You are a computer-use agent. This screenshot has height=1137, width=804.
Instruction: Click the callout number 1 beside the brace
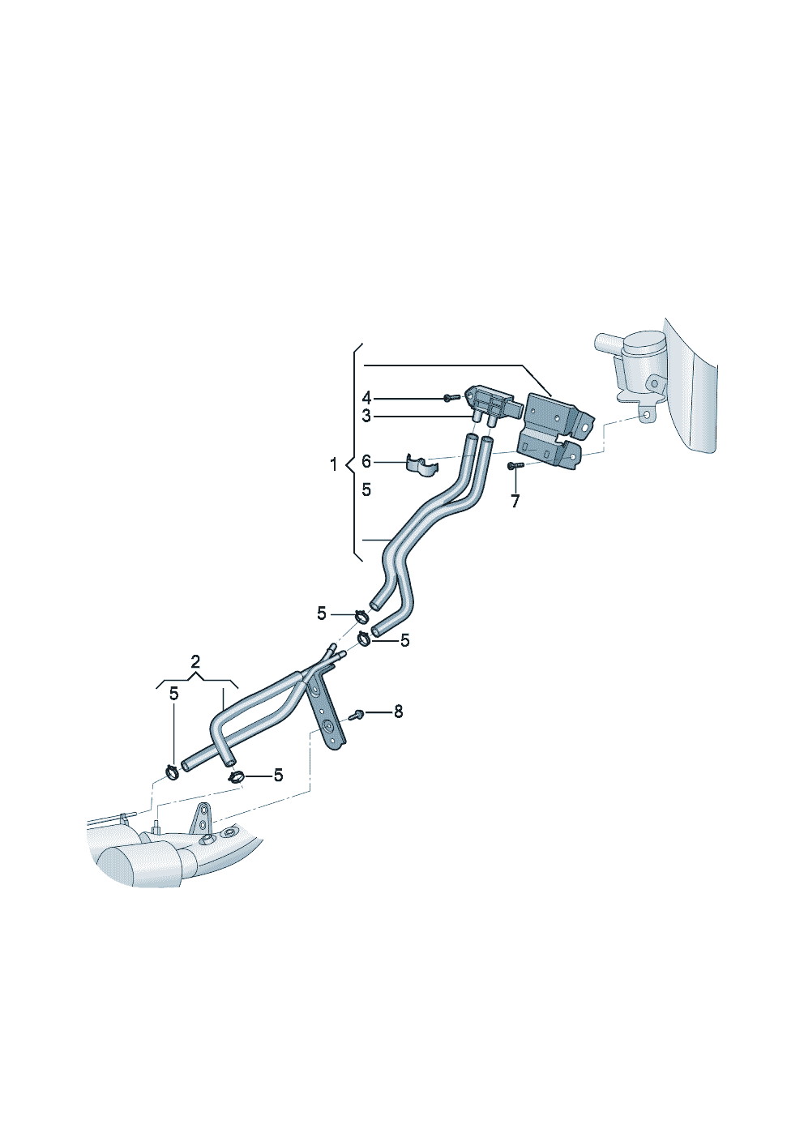[x=333, y=464]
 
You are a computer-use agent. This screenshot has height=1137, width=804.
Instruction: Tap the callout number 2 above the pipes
[x=195, y=661]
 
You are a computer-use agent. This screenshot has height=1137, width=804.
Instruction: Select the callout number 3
[x=366, y=417]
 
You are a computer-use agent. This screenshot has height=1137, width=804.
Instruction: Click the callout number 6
[x=366, y=461]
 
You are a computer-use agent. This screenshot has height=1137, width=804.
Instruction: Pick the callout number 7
[x=515, y=502]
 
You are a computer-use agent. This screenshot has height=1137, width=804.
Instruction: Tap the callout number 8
[x=399, y=712]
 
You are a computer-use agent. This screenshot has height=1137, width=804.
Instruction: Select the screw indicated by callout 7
[x=513, y=465]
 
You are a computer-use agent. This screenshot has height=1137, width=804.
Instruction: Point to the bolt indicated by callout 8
[x=355, y=715]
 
